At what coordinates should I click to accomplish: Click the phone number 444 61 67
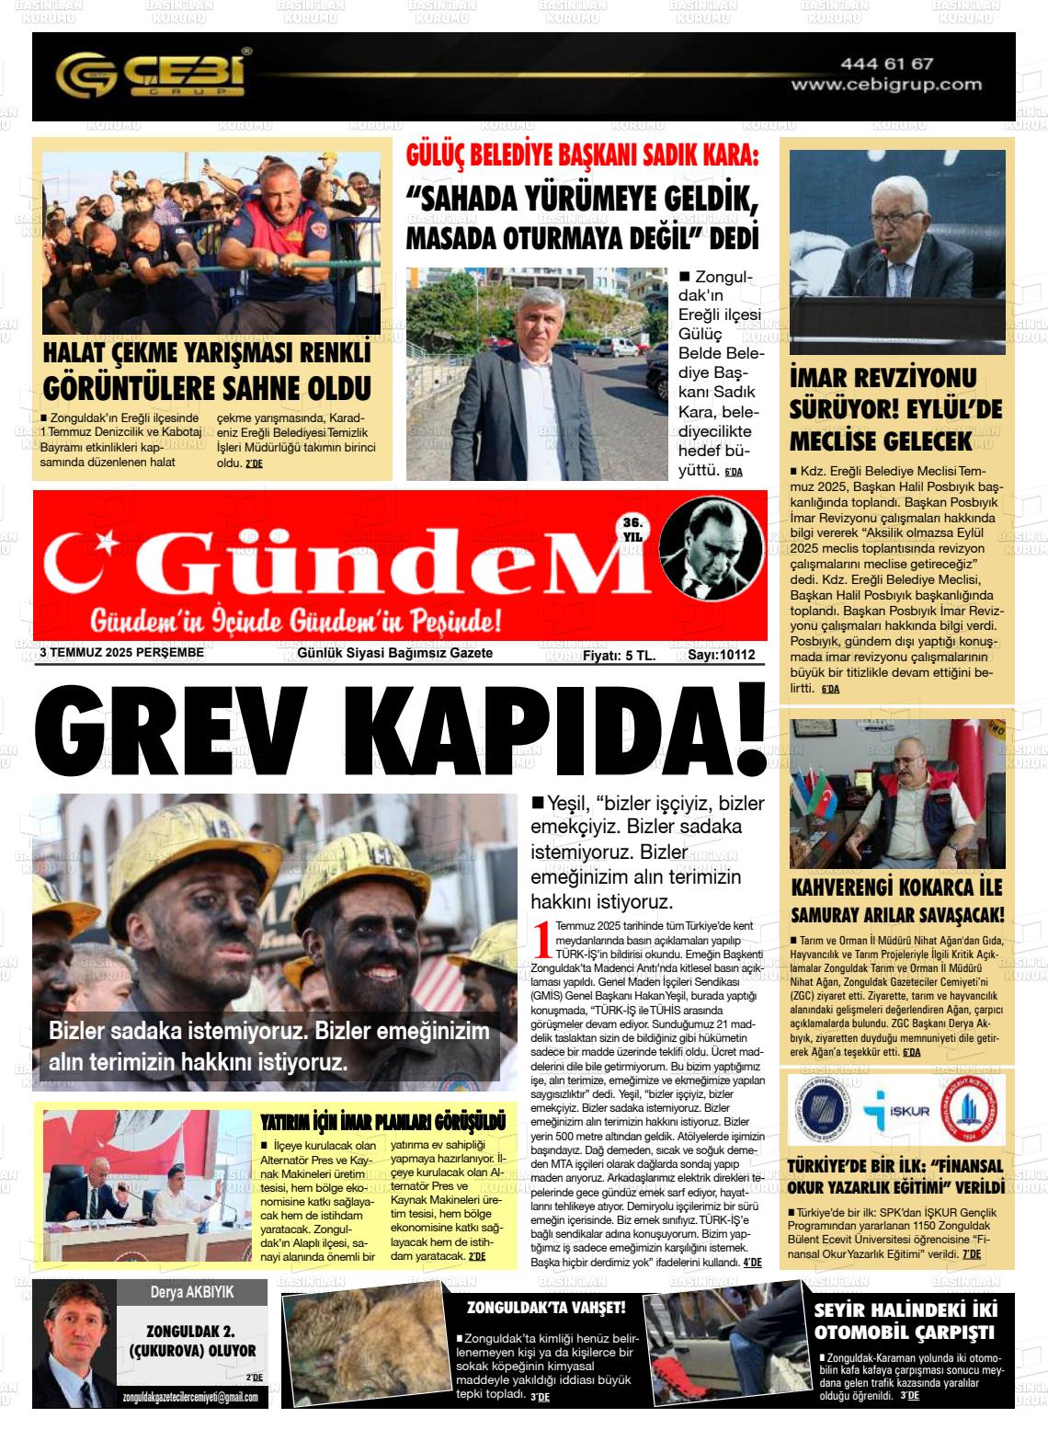[x=886, y=64]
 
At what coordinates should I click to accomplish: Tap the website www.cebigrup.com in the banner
[x=886, y=85]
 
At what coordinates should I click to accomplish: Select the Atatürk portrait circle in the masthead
[x=712, y=547]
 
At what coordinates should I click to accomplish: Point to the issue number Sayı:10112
[x=722, y=655]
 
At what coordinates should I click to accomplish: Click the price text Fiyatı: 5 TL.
[x=619, y=655]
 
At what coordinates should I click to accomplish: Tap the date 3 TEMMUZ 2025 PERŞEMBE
[x=121, y=653]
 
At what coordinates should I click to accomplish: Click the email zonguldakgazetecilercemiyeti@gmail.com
[x=190, y=1397]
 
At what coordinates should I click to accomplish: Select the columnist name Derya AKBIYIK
[x=191, y=1292]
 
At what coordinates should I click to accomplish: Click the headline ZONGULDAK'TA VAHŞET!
[x=546, y=1307]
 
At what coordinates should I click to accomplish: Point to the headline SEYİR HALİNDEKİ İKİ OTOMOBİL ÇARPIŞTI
[x=905, y=1320]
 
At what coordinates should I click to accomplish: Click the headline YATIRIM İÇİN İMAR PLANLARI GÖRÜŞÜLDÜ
[x=383, y=1122]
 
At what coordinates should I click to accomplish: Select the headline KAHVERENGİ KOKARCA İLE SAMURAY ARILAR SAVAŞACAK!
[x=897, y=901]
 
